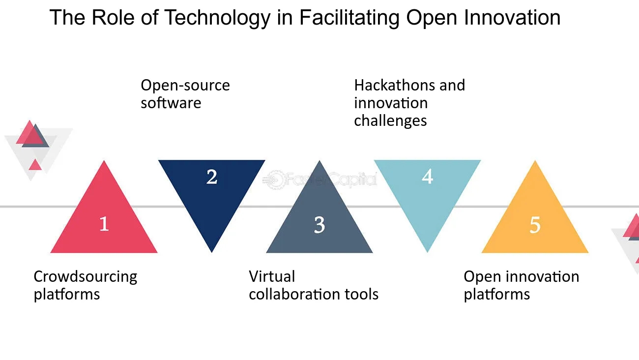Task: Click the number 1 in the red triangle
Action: pos(104,224)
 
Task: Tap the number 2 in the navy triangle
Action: pos(212,177)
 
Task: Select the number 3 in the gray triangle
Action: pos(319,225)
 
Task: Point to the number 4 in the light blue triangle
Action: pos(427,177)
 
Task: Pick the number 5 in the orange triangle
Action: pos(535,225)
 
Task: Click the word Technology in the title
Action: pos(217,18)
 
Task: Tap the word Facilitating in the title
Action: pos(349,18)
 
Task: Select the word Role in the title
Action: pos(113,18)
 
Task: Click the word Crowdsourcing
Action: pos(86,277)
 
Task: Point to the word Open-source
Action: pos(185,86)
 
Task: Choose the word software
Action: pos(171,103)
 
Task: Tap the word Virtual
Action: pos(272,276)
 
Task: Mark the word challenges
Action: pos(390,121)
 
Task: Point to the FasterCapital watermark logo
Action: pos(319,180)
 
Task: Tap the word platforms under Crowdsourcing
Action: pos(67,294)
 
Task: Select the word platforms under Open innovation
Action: pos(496,294)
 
